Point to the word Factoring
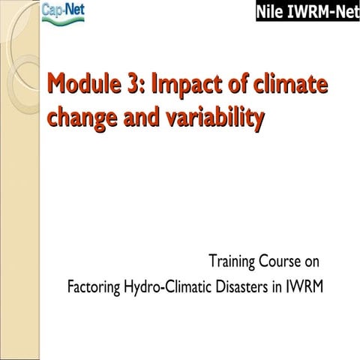[95, 287]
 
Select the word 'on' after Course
[311, 262]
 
